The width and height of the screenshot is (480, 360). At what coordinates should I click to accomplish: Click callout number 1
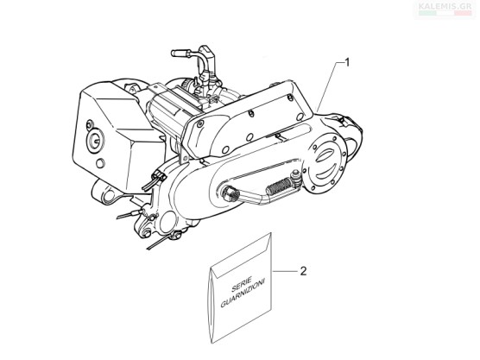coord(346,63)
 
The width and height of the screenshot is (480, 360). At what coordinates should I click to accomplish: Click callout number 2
coord(303,271)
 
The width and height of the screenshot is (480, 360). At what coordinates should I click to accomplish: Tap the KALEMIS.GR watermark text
coord(445,6)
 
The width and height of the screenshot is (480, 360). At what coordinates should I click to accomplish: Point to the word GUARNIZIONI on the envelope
coord(243,293)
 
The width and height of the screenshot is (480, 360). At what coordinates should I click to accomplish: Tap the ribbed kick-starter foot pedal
coord(280,186)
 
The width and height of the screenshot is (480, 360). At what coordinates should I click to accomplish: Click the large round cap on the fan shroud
coord(94,140)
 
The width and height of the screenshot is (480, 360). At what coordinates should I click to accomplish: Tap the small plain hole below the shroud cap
coord(100,163)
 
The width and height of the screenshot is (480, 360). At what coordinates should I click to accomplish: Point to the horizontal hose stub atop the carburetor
coord(181,53)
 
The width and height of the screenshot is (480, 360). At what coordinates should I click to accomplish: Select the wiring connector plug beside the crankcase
coord(160,176)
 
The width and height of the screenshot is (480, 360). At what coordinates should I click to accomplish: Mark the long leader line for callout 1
coord(328,86)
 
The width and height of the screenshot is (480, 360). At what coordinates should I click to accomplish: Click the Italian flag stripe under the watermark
coord(445,13)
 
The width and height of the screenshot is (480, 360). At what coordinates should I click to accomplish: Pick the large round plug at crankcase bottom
coord(167,220)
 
